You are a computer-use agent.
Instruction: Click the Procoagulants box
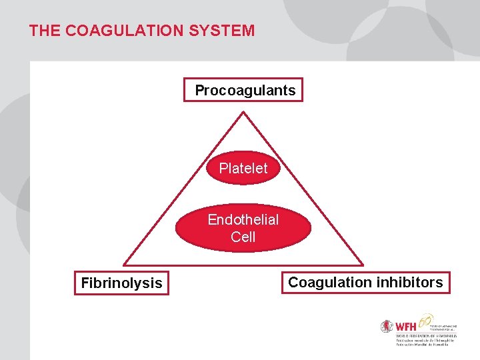tap(243, 90)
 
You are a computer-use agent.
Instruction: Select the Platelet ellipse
tap(243, 169)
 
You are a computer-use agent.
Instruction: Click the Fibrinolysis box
tap(121, 283)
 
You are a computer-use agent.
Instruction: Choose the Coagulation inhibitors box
tap(365, 283)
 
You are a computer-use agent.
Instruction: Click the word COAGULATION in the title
tap(126, 31)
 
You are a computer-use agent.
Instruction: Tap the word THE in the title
tap(44, 31)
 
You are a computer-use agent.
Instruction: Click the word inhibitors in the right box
tap(409, 283)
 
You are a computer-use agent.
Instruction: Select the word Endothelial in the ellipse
tap(243, 220)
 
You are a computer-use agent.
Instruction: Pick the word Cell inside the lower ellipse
tap(243, 237)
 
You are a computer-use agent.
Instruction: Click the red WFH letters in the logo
tap(406, 327)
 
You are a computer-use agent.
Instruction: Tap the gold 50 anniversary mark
tap(426, 320)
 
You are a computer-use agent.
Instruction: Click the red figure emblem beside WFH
tap(387, 327)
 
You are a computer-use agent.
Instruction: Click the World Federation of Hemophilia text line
tap(426, 335)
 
